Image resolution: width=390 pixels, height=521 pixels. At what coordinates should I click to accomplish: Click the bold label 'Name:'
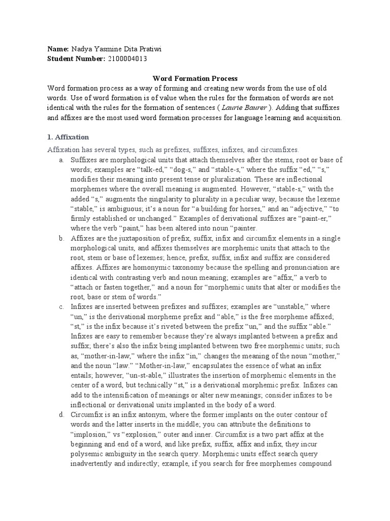[58, 49]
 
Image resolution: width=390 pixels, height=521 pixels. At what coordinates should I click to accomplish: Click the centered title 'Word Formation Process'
[195, 79]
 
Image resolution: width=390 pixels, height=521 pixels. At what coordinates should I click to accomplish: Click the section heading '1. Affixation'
[68, 137]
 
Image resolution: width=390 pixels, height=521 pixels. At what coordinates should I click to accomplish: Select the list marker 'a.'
[61, 160]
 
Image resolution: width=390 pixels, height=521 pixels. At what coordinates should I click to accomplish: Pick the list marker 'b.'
[61, 239]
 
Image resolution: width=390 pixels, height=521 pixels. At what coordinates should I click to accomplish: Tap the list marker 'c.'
[61, 307]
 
